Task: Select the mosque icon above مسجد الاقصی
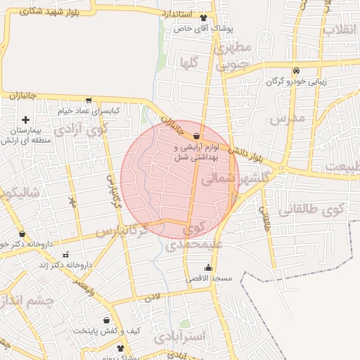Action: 208,267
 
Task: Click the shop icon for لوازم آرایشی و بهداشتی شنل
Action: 196,136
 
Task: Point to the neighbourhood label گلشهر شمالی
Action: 235,179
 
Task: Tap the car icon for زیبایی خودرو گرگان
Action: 297,70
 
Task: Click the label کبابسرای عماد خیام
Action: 88,111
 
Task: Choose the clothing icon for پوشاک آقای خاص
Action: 204,18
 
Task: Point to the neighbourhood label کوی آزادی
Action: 91,130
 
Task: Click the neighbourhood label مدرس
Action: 288,118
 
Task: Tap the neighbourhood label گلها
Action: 188,63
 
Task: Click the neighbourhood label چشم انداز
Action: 27,301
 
